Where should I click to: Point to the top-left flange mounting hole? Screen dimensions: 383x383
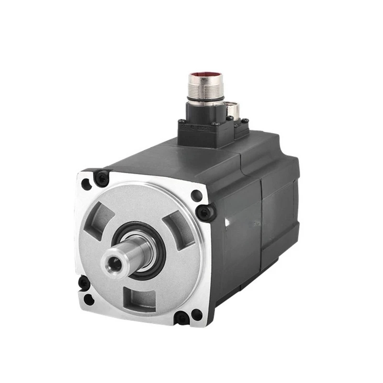pos(86,184)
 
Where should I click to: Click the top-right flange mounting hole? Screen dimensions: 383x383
pos(196,195)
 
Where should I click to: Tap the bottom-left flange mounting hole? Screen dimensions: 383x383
pos(88,300)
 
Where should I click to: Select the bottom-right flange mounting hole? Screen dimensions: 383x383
pos(196,315)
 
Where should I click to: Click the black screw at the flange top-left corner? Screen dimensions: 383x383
pos(102,178)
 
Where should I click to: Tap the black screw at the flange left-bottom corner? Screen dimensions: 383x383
pos(84,283)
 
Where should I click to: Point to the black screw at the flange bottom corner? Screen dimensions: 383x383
pos(180,317)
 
